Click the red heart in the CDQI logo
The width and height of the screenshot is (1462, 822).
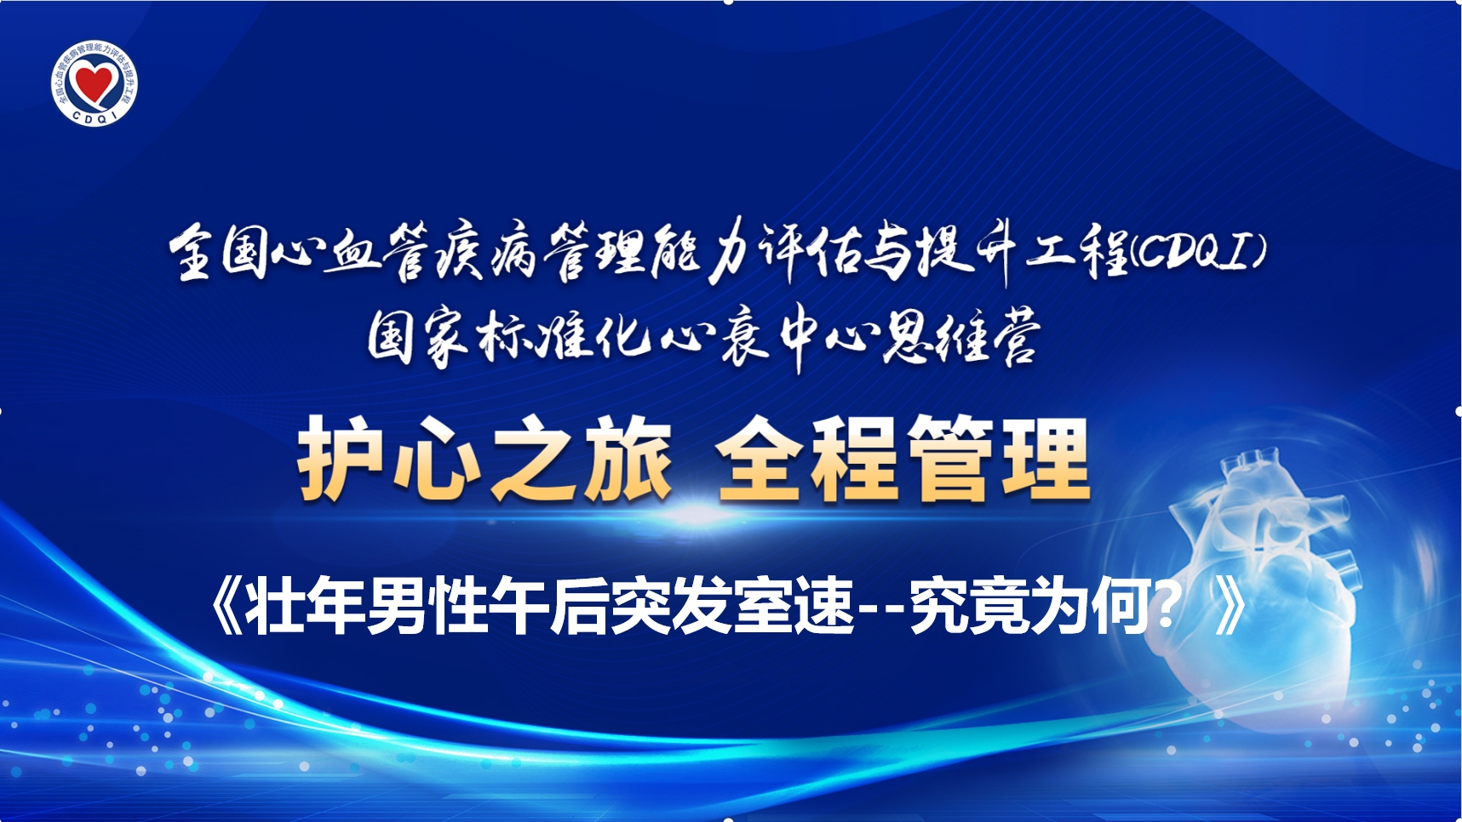tap(94, 83)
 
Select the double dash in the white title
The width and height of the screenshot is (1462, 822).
tap(881, 610)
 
